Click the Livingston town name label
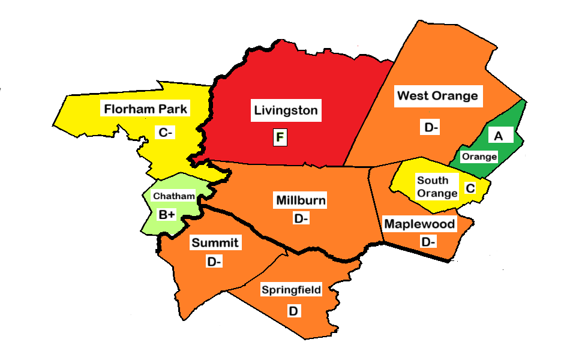286,110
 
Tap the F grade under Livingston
280,138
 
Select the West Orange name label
438,95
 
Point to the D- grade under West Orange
431,127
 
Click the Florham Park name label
146,109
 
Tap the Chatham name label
174,196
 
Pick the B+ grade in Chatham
167,214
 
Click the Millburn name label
301,200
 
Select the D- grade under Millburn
301,219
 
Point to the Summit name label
215,243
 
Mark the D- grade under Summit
214,262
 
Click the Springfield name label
292,290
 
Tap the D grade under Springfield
293,311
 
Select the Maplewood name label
420,224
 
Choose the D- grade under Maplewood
428,242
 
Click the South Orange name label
436,187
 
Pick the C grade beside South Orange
470,188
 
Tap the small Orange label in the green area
479,157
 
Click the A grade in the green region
498,136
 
